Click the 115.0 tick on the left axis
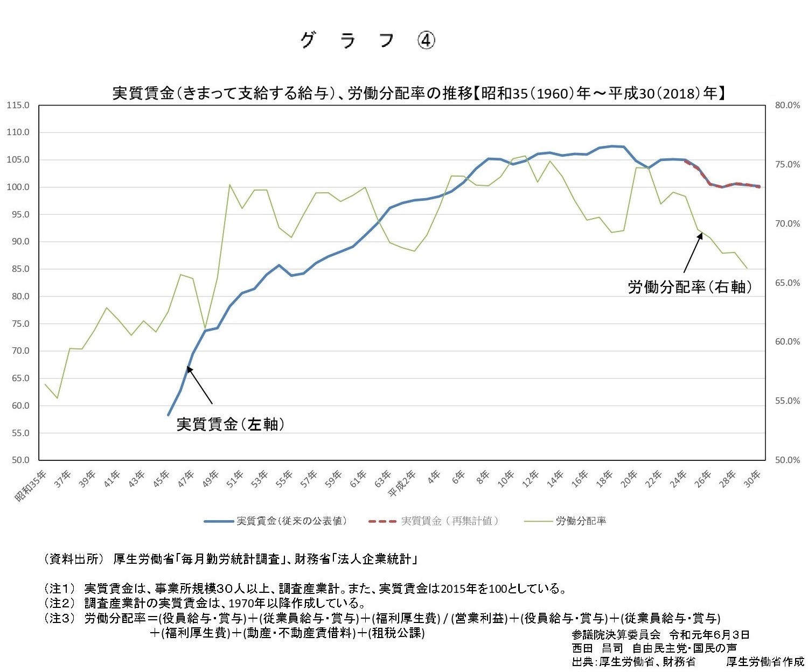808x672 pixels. tap(18, 106)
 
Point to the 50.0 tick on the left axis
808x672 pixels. tap(19, 460)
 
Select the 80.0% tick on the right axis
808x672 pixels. tap(788, 106)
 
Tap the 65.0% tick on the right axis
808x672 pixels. tap(788, 283)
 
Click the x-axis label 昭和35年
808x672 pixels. tap(31, 486)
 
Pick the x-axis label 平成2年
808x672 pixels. tap(402, 484)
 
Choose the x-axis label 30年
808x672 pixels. tap(753, 478)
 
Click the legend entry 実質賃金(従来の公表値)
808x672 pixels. tap(291, 521)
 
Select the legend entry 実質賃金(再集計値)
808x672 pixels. tap(449, 521)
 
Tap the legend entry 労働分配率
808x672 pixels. tap(581, 521)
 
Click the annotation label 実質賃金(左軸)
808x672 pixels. tap(230, 424)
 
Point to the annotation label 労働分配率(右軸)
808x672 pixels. tap(689, 287)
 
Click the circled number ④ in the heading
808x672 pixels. tap(426, 40)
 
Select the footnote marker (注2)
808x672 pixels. tap(59, 603)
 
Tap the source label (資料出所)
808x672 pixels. tap(72, 559)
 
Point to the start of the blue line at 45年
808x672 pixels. tap(169, 415)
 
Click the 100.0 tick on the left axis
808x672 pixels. tap(18, 187)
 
